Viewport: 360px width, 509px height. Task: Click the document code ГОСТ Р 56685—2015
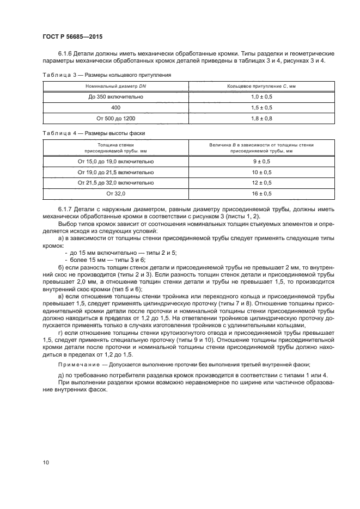tap(72, 36)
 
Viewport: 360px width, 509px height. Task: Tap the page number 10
tap(46, 462)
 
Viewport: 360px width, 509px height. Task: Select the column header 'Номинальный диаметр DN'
tap(116, 87)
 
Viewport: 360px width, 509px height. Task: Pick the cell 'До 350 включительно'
tap(116, 97)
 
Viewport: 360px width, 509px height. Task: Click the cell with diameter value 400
tap(116, 107)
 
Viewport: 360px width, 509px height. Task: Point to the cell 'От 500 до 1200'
tap(116, 118)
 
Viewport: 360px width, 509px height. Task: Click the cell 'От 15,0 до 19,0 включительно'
tap(116, 162)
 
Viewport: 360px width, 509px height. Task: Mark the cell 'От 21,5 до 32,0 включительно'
tap(116, 182)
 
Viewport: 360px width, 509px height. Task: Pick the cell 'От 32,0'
tap(116, 193)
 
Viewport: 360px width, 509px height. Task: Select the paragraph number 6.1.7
tap(66, 209)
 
